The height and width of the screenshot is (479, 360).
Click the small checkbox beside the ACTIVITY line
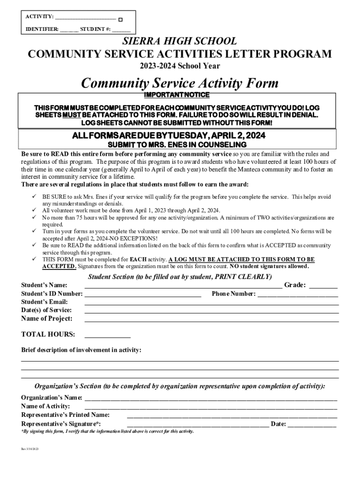coord(120,20)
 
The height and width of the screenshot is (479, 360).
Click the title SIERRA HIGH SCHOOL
coord(180,41)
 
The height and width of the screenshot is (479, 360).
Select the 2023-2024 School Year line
coord(180,66)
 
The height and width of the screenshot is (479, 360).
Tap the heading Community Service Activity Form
coord(180,83)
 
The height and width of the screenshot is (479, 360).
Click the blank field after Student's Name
coord(183,286)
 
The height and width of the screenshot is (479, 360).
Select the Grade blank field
coord(323,286)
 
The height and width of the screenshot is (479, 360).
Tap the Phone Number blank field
coord(298,295)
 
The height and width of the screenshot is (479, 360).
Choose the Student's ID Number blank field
coord(143,295)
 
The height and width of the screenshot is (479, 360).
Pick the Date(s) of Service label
coord(46,310)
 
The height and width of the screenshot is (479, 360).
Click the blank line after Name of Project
coord(211,319)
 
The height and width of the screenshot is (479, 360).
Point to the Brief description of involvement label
coord(81,350)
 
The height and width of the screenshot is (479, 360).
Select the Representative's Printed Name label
coord(65,414)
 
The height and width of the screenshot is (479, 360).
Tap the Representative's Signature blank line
coord(198,425)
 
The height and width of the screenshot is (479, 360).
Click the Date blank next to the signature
coord(312,425)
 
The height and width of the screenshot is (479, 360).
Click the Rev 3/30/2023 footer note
coord(30,449)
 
